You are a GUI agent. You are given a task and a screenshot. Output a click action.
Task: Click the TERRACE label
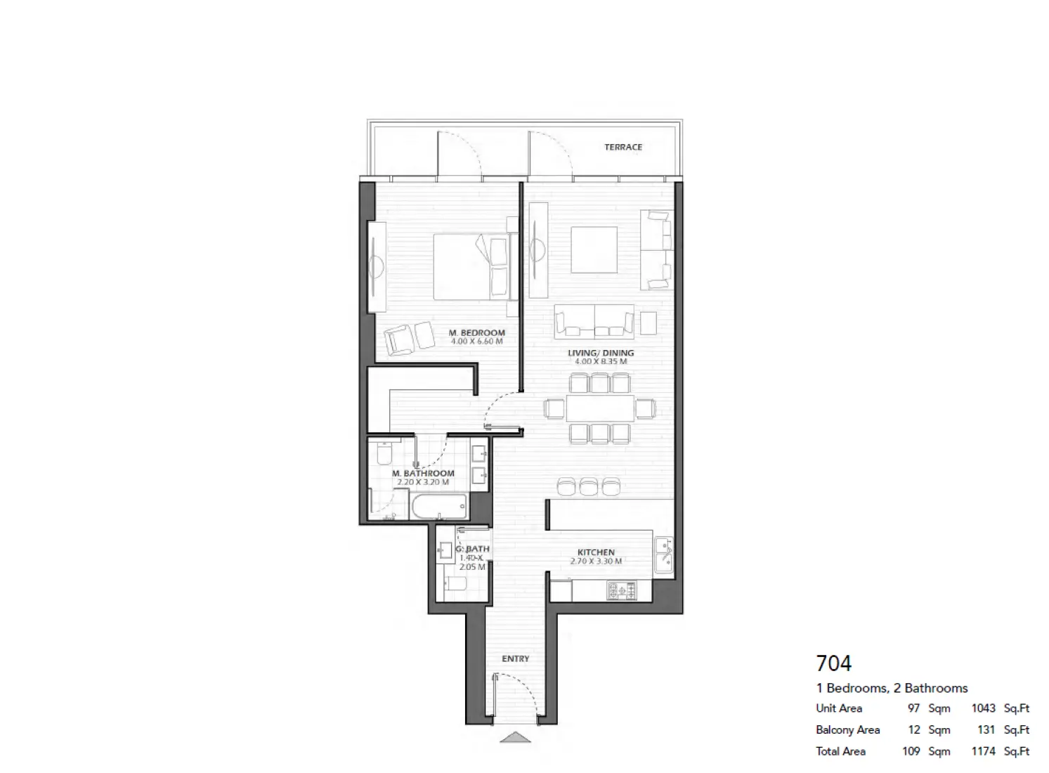[x=623, y=147]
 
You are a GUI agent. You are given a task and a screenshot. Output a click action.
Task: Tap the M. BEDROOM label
[x=476, y=332]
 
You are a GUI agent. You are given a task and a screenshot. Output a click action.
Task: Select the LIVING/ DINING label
[x=601, y=353]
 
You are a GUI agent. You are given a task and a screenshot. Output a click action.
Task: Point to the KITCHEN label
[x=596, y=552]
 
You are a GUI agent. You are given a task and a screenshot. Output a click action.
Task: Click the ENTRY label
[x=515, y=658]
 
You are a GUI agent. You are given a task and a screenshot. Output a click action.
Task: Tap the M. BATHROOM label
[x=423, y=474]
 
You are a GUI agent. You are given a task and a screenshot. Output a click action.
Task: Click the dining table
[x=599, y=408]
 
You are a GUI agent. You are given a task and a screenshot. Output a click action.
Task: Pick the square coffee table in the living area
[x=594, y=249]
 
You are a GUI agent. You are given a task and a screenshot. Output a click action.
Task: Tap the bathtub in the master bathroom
[x=439, y=507]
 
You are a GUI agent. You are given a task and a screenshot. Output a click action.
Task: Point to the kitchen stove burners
[x=621, y=590]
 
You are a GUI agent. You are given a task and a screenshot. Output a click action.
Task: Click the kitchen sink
[x=663, y=555]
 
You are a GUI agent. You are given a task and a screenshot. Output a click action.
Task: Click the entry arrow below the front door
[x=516, y=737]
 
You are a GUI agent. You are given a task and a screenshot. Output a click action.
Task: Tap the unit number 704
[x=833, y=663]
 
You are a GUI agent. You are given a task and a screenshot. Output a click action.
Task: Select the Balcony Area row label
[x=847, y=729]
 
